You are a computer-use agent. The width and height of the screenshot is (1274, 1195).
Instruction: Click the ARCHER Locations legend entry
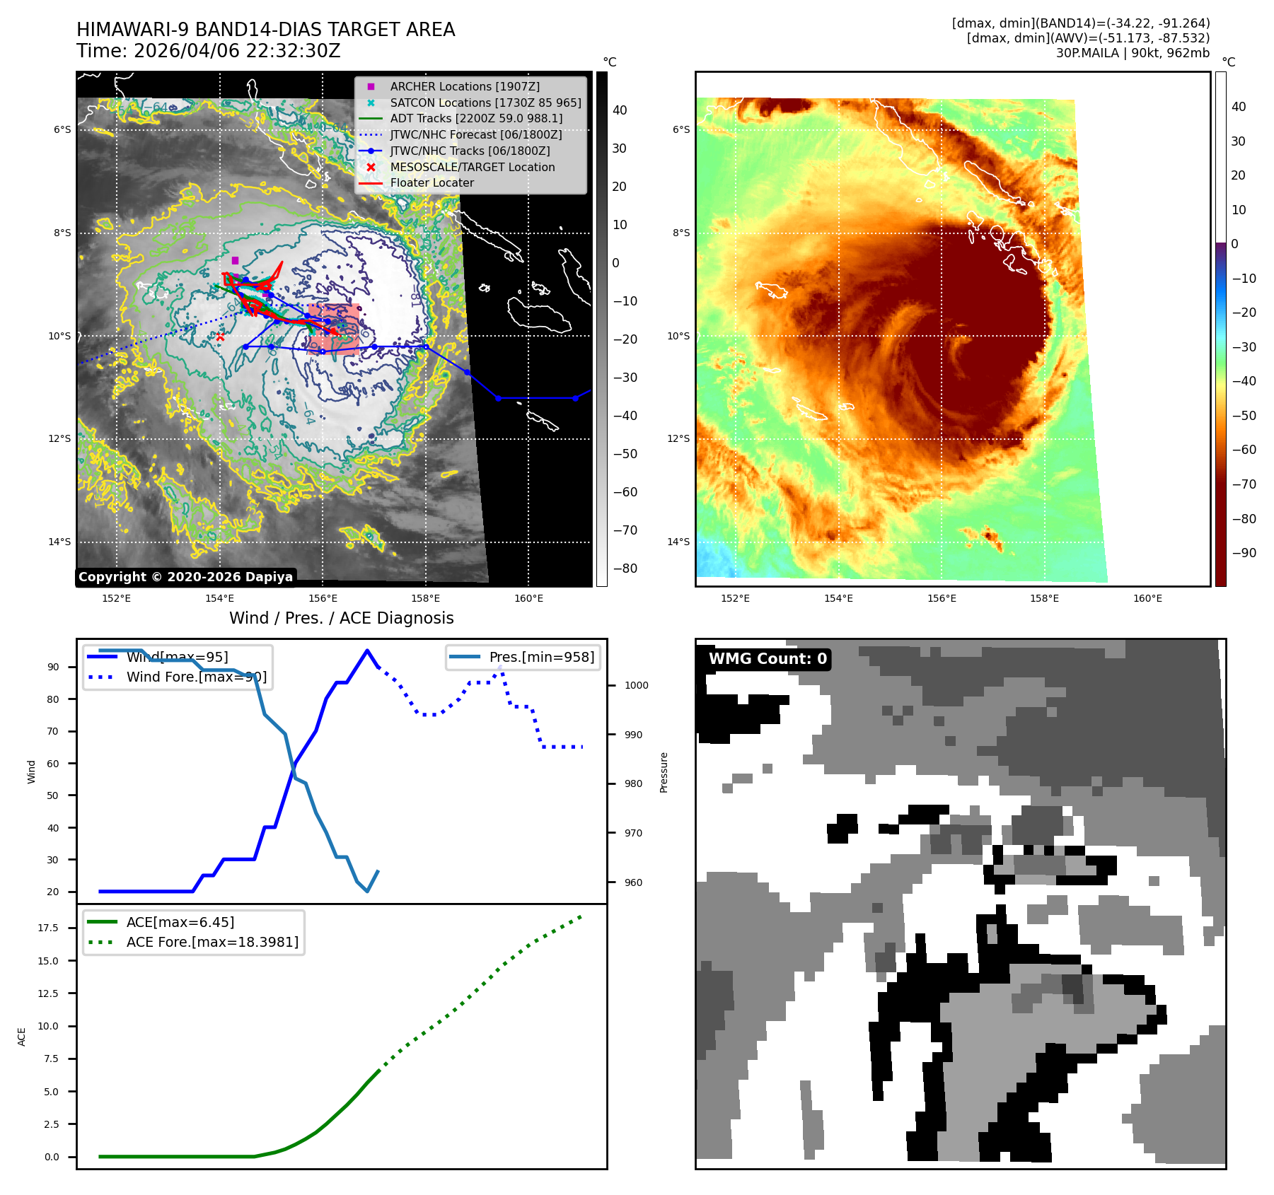(x=464, y=86)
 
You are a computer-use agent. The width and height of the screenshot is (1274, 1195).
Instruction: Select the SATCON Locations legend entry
(x=485, y=103)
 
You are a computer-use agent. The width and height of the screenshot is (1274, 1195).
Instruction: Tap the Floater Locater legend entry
(x=432, y=182)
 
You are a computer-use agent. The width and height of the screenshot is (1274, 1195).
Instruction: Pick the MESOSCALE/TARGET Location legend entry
(x=472, y=167)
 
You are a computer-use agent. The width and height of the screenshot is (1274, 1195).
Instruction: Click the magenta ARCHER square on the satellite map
(x=235, y=260)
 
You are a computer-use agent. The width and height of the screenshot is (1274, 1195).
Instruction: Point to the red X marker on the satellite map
(x=220, y=337)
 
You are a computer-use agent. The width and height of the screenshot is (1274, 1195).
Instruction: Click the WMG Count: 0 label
(x=768, y=659)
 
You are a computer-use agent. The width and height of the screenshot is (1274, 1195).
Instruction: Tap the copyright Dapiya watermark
(x=185, y=577)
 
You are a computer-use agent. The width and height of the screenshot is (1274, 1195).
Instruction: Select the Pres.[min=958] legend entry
(x=541, y=657)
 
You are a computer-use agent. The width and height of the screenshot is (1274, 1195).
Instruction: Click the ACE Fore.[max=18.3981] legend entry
(x=212, y=942)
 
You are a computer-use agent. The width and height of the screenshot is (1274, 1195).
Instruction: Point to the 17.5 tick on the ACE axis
(x=48, y=928)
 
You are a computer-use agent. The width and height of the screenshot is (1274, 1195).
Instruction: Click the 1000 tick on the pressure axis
(x=636, y=685)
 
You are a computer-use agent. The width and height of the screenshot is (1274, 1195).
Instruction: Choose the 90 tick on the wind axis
(x=53, y=667)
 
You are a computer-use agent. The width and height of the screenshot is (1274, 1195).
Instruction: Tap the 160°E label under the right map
(x=1147, y=598)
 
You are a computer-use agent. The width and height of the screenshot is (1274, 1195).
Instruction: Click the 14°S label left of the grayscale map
(x=59, y=542)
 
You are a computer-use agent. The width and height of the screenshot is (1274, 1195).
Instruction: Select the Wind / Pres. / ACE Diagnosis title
(x=341, y=618)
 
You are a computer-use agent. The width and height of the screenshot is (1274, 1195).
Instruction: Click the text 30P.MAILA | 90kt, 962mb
(x=1133, y=53)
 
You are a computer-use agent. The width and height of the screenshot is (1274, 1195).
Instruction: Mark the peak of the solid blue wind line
(x=366, y=651)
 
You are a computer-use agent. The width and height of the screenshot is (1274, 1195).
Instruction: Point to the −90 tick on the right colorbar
(x=1244, y=553)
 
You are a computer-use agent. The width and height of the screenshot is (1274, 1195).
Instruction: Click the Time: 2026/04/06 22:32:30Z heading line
(x=209, y=51)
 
